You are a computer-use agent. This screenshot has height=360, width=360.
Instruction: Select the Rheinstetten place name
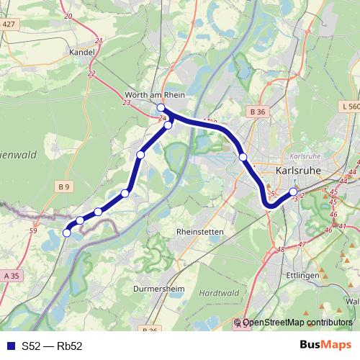point(200,232)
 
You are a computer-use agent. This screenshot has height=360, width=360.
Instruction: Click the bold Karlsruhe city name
point(297,171)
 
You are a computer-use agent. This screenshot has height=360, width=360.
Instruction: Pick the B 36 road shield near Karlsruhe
point(258,112)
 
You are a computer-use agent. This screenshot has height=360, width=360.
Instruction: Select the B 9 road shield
point(65,187)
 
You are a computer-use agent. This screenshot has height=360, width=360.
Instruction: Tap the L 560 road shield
point(349,106)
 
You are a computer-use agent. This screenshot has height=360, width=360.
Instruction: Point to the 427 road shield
point(9,24)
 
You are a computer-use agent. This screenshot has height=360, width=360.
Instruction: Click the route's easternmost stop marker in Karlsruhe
point(293,192)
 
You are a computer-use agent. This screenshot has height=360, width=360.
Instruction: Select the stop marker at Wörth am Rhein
point(161,108)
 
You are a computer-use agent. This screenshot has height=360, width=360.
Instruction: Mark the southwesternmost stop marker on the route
point(67,233)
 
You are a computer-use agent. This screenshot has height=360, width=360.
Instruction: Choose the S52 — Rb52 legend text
point(52,346)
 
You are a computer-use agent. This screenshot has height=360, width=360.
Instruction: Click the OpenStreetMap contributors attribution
point(297,323)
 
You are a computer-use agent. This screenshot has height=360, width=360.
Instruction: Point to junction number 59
point(33,230)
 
